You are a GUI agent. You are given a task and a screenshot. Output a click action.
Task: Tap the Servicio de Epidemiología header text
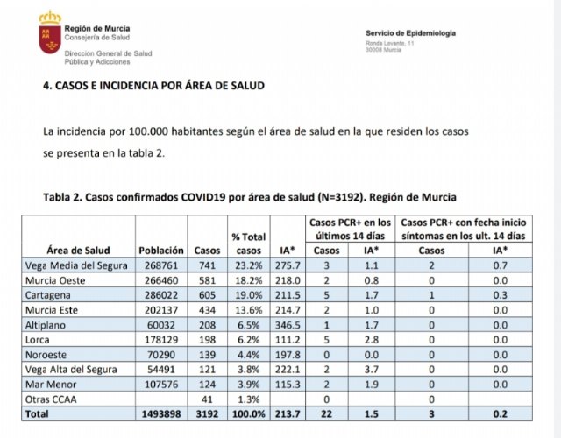coord(410,33)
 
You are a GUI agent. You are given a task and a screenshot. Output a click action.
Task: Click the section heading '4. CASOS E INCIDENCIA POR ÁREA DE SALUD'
coord(153,86)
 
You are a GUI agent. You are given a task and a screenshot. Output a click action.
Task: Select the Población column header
coord(160,250)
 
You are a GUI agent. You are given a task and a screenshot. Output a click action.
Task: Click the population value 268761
coord(160,265)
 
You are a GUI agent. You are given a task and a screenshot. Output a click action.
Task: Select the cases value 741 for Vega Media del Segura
coord(206,265)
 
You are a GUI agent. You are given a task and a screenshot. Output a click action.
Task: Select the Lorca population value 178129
coord(160,340)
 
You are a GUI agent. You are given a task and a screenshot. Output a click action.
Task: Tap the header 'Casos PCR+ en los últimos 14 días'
coord(351,230)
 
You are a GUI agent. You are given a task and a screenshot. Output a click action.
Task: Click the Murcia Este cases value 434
coord(206,310)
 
